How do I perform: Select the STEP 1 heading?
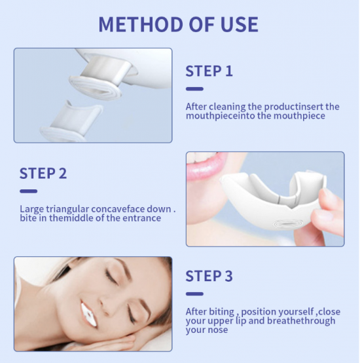point(209,71)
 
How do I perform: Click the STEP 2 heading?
point(43,173)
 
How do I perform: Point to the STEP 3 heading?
point(209,276)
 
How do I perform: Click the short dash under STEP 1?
point(194,89)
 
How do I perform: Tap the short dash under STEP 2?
point(28,191)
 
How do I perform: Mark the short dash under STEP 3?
point(194,294)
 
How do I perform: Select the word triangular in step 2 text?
point(67,209)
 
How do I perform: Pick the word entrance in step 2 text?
point(142,218)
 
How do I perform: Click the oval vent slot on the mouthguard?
point(286,224)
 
